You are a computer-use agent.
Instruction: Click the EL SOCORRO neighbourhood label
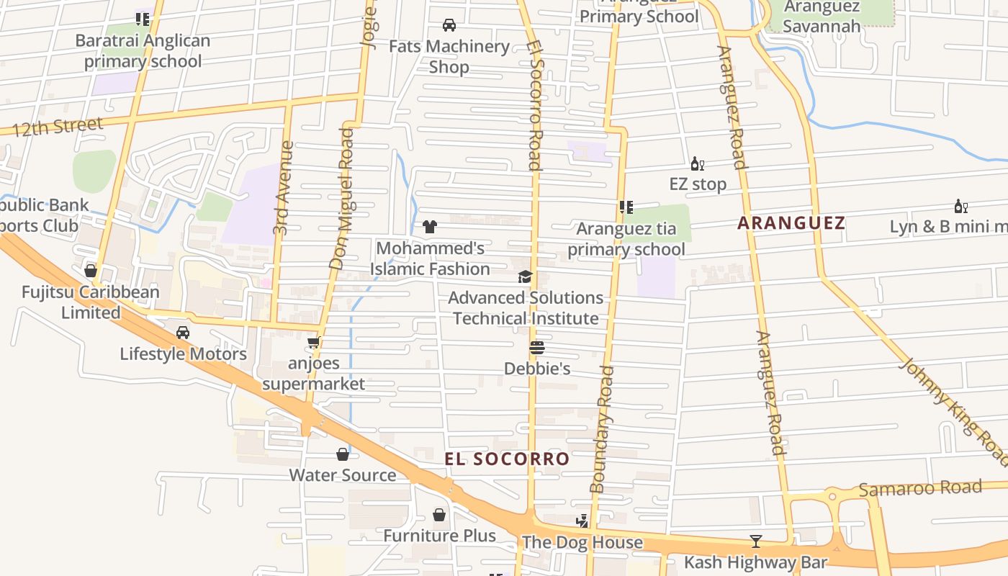(x=506, y=459)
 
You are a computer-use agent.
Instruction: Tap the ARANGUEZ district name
(x=791, y=223)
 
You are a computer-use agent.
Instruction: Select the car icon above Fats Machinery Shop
(x=449, y=25)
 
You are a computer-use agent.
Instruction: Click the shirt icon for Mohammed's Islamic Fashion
(x=430, y=227)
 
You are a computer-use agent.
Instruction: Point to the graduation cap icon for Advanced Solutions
(x=525, y=276)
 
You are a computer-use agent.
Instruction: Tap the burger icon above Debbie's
(x=536, y=348)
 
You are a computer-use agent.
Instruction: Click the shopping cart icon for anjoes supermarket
(x=313, y=343)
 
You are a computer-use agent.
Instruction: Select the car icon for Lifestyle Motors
(x=183, y=333)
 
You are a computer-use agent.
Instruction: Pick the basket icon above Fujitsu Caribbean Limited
(x=91, y=271)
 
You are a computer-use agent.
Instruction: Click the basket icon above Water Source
(x=343, y=454)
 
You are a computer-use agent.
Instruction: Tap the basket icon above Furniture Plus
(x=439, y=515)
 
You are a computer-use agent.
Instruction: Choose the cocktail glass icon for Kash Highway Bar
(x=755, y=541)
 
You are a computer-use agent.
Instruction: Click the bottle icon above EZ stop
(x=697, y=163)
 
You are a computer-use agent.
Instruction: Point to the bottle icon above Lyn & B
(x=960, y=207)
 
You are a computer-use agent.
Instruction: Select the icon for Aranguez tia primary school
(x=626, y=207)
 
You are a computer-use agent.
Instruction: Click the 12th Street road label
(x=58, y=127)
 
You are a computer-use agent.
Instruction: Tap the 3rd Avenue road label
(x=283, y=187)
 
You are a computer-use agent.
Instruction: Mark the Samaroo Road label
(x=920, y=489)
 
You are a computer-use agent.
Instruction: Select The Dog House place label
(x=582, y=542)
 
